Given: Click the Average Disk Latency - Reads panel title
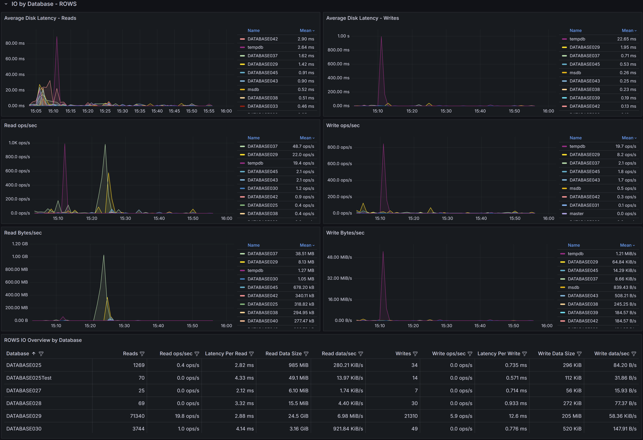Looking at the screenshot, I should click(40, 18).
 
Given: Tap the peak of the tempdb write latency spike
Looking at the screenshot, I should click(381, 37).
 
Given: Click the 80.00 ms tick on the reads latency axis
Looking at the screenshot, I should click(15, 43).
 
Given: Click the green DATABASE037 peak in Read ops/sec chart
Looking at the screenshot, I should click(105, 144).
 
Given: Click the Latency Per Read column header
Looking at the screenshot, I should click(226, 354).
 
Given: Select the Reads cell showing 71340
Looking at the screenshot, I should click(137, 416).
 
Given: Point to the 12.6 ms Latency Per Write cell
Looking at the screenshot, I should click(517, 416).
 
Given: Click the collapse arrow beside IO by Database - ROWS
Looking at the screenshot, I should click(6, 4).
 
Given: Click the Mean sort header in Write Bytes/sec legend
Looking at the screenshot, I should click(627, 245).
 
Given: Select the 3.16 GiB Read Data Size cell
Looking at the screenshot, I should click(299, 429).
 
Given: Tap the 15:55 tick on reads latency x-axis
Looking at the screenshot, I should click(209, 111).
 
